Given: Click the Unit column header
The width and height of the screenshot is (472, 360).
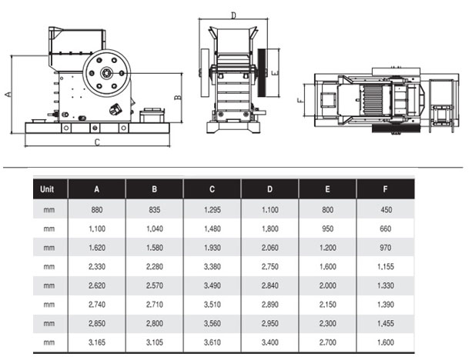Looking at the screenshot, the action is click(x=47, y=189).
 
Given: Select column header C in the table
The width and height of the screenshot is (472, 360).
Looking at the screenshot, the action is click(x=213, y=189).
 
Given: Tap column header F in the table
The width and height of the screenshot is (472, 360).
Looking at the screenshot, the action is click(x=385, y=189).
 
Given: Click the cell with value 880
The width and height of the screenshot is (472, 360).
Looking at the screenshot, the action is click(x=97, y=210).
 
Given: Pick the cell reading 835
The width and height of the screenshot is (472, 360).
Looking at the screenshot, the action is click(x=155, y=210).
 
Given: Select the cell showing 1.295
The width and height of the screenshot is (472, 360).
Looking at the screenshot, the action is click(x=213, y=210).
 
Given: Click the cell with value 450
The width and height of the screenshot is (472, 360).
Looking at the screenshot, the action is click(x=387, y=210).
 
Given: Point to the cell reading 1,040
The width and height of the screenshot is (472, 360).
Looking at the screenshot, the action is click(x=155, y=229).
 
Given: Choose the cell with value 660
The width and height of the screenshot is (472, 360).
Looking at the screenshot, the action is click(x=385, y=229).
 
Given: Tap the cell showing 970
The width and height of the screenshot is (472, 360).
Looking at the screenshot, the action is click(x=385, y=248).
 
